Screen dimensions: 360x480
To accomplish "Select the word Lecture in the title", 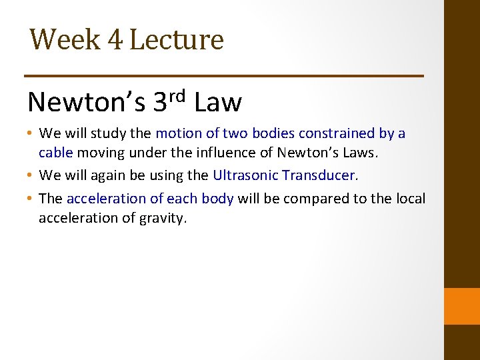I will pyautogui.click(x=176, y=39).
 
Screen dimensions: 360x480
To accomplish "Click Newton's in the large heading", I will pyautogui.click(x=87, y=103).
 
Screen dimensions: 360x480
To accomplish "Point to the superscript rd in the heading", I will pyautogui.click(x=176, y=96).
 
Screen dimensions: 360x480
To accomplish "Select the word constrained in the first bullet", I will pyautogui.click(x=322, y=133).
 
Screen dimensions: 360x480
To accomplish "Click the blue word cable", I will pyautogui.click(x=56, y=153).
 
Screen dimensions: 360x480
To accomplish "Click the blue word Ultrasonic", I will pyautogui.click(x=245, y=175).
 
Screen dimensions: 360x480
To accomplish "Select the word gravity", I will pyautogui.click(x=164, y=218).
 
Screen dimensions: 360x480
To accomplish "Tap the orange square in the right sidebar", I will pyautogui.click(x=461, y=305).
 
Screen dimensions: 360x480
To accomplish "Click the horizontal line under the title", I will pyautogui.click(x=224, y=76).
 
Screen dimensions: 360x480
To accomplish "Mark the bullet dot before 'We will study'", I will pyautogui.click(x=31, y=134).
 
